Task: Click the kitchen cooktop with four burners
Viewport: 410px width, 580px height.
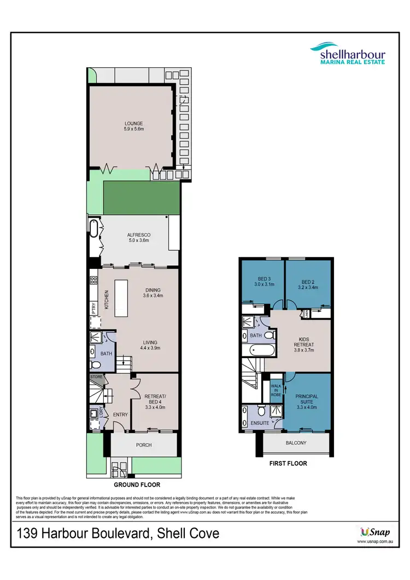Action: pyautogui.click(x=93, y=281)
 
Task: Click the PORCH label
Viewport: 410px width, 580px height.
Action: pyautogui.click(x=144, y=445)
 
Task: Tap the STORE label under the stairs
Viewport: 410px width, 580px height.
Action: pyautogui.click(x=96, y=377)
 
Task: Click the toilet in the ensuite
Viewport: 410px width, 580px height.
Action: pyautogui.click(x=261, y=410)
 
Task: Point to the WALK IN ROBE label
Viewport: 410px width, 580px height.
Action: pyautogui.click(x=276, y=390)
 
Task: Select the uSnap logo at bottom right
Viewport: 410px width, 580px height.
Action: pyautogui.click(x=376, y=531)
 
